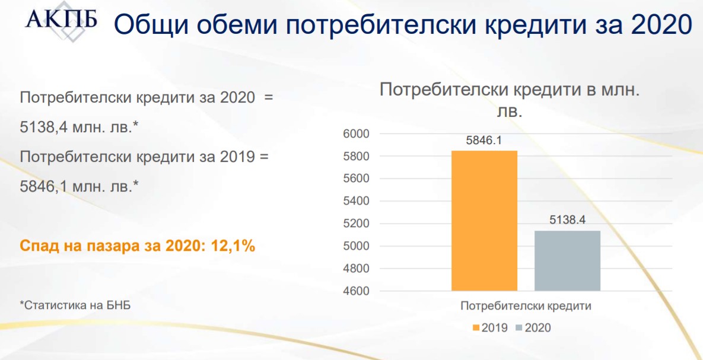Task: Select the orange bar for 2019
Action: pos(484,221)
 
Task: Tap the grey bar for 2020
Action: pos(568,260)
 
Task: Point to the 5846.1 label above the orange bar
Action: pos(483,141)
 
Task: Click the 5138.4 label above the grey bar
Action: pos(568,221)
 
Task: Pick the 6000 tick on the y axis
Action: pos(355,134)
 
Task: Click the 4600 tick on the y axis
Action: pos(355,291)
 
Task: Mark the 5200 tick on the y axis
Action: pos(355,224)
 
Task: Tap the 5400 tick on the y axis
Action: pos(355,201)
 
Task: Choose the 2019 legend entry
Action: pos(489,328)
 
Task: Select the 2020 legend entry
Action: pos(533,328)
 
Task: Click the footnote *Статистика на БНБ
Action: pos(76,306)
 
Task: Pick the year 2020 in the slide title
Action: pos(661,25)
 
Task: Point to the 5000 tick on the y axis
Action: pos(355,246)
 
